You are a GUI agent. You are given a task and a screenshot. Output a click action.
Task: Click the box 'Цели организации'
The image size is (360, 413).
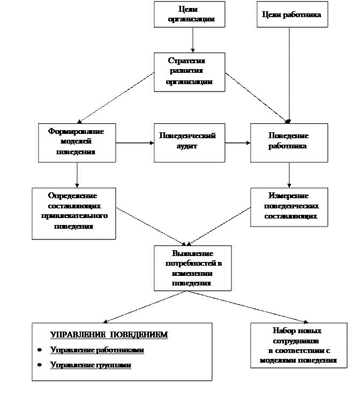coord(189,14)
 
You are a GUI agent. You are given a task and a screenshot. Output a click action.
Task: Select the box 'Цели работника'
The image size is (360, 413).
coord(291,15)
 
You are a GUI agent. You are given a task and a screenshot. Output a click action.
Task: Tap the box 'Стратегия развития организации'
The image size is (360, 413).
coord(189,72)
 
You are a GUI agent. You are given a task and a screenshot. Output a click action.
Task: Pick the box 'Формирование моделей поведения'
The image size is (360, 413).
coord(77,142)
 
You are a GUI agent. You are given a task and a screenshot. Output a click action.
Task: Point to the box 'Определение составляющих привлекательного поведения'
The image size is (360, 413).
coord(73,213)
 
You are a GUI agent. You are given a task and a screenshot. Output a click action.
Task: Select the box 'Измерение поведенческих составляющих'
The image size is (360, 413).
coord(289,207)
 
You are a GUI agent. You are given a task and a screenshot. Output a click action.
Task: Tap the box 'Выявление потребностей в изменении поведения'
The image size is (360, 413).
coord(192,268)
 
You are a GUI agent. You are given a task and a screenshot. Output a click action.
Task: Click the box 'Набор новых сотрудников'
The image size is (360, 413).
coord(298,346)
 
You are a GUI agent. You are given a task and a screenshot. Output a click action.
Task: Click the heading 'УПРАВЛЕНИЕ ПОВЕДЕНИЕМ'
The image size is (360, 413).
coord(109,335)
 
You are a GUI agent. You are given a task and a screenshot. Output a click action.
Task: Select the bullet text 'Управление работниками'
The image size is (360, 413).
coord(97,350)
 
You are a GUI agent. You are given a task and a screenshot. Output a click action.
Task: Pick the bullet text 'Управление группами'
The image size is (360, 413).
coord(91,365)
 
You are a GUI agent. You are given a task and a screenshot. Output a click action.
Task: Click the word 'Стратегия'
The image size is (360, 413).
coord(186,61)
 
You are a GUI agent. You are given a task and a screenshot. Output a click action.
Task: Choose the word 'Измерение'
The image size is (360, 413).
coord(289,196)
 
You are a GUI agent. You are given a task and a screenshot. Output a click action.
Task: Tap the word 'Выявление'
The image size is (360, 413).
coord(192,253)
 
